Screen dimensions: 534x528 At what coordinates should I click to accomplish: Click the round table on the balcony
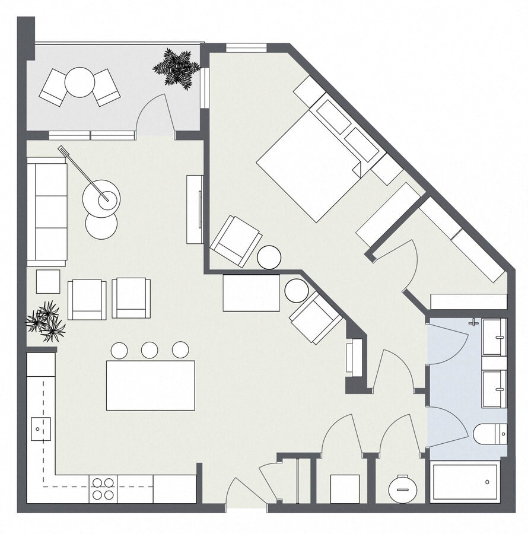point(79,82)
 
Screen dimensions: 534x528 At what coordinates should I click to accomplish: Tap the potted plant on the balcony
point(176,68)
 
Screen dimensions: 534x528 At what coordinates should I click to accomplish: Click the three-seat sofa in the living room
point(47,212)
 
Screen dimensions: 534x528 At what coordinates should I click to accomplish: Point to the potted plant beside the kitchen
point(46,321)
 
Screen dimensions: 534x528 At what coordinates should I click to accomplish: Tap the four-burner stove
point(103,488)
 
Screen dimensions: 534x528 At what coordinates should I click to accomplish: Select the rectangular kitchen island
point(150,385)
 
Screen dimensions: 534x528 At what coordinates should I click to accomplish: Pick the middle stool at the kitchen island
point(150,350)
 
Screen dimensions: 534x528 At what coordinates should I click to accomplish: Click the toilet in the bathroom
point(489,434)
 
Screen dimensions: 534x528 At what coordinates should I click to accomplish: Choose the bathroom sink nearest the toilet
point(494,389)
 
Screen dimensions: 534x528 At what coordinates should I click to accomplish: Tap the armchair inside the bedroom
point(236,241)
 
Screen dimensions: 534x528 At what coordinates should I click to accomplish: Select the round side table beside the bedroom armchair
point(269,258)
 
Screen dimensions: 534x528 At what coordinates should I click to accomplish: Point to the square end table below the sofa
point(48,281)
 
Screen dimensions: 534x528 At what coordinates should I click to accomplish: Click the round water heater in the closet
point(402,489)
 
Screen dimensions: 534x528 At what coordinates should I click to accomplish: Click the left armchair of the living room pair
point(87,299)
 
